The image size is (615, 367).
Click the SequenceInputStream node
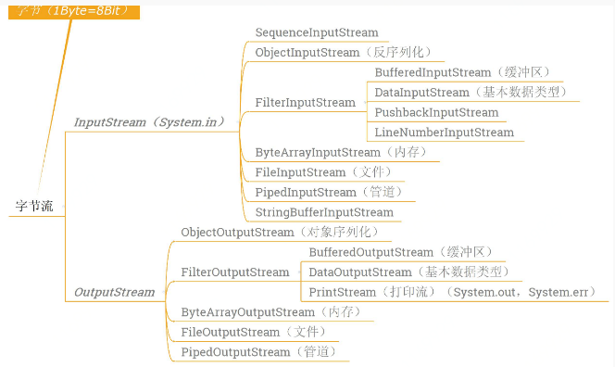[316, 32]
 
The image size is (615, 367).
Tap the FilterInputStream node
[305, 102]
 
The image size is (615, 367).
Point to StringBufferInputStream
[323, 212]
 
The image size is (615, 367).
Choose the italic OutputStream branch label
[114, 292]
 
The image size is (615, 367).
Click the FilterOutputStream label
[235, 272]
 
